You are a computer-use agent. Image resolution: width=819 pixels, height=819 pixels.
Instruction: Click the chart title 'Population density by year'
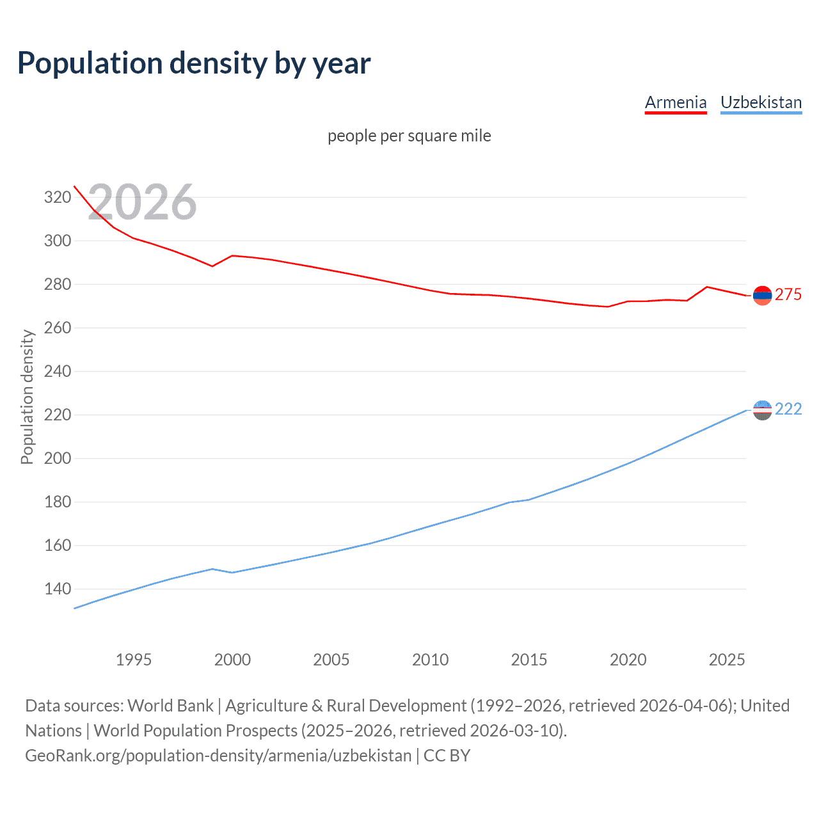[x=194, y=63]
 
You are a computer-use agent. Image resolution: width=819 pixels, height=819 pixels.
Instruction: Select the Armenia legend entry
[x=675, y=102]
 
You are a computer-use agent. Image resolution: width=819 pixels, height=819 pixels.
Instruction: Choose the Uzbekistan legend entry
[x=761, y=102]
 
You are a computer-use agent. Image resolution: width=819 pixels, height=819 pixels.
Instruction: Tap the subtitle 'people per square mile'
[x=409, y=136]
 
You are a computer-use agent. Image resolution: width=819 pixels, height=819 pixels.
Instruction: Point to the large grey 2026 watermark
[x=142, y=202]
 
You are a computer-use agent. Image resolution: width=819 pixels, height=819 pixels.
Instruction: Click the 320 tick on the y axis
[x=57, y=197]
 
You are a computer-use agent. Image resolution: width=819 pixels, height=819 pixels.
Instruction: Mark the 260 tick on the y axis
[x=57, y=328]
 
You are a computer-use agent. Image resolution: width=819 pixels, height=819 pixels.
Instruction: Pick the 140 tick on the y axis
[x=57, y=589]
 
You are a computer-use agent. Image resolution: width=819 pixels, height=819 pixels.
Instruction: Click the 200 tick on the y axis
[x=57, y=458]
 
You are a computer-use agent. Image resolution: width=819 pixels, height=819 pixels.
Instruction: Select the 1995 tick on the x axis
[x=134, y=660]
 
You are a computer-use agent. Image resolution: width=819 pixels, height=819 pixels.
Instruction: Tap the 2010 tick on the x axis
[x=430, y=660]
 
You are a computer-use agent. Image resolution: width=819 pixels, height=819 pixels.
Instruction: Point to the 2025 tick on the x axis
[x=727, y=660]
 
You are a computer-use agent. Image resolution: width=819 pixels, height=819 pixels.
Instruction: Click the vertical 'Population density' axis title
[x=27, y=397]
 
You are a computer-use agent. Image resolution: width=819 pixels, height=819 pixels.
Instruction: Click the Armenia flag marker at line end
[x=762, y=295]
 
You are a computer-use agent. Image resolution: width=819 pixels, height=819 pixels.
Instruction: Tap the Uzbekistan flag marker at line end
[x=762, y=410]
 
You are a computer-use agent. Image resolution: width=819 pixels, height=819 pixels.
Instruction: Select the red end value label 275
[x=788, y=294]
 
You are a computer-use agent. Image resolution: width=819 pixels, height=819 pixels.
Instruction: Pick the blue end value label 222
[x=788, y=409]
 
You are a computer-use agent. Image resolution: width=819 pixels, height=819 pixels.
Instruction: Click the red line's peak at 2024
[x=706, y=287]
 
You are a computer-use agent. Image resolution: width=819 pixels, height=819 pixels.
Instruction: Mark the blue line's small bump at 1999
[x=212, y=569]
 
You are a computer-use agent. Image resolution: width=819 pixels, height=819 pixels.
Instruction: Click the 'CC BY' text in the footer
[x=447, y=756]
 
